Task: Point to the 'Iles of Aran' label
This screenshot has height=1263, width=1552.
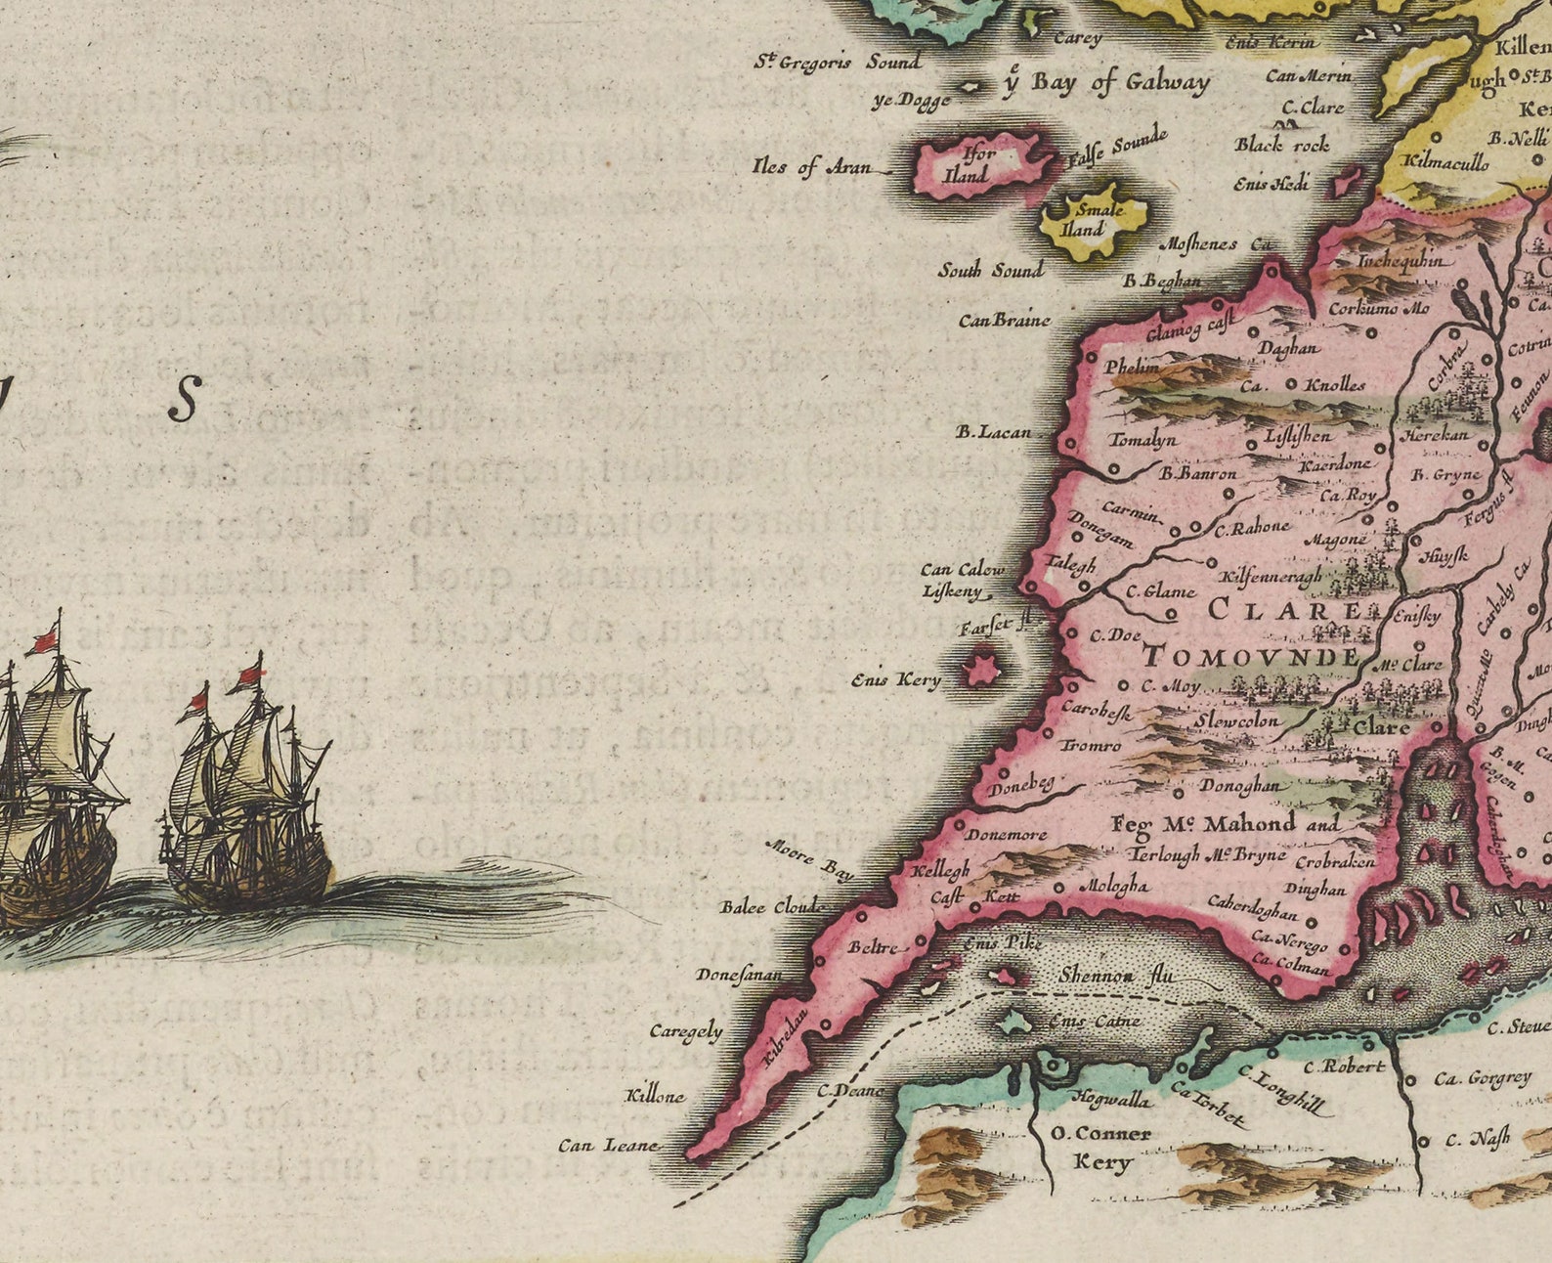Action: tap(811, 166)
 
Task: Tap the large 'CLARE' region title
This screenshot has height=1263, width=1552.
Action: tap(1283, 611)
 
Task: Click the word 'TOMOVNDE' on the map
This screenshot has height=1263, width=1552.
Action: tap(1251, 656)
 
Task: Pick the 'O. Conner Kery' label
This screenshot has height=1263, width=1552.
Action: tap(1101, 1148)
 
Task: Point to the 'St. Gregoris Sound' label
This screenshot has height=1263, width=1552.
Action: tap(838, 62)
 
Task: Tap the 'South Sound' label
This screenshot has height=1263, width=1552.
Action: tap(990, 270)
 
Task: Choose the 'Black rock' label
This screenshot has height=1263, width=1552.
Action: tap(1281, 145)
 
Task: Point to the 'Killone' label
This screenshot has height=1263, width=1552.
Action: tap(656, 1096)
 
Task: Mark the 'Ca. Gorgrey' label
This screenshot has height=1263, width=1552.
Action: tap(1482, 1078)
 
